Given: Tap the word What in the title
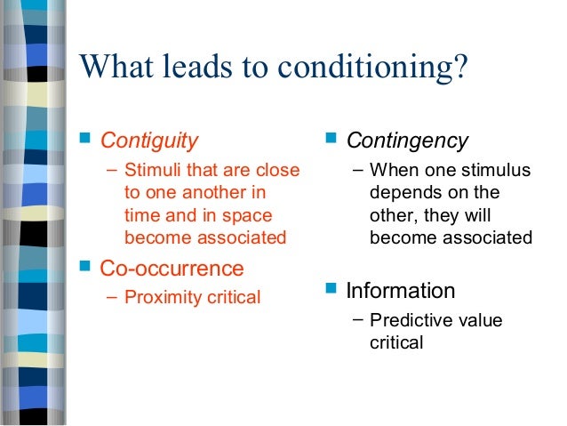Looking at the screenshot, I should pos(115,67).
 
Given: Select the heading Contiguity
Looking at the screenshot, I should pos(149,141).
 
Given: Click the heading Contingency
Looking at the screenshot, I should pos(407,141).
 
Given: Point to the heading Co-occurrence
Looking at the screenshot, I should pos(172,268).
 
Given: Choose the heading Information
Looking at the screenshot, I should pos(400,290).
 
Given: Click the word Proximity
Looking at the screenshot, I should pos(160,297).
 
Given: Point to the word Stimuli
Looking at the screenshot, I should pos(153,171).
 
